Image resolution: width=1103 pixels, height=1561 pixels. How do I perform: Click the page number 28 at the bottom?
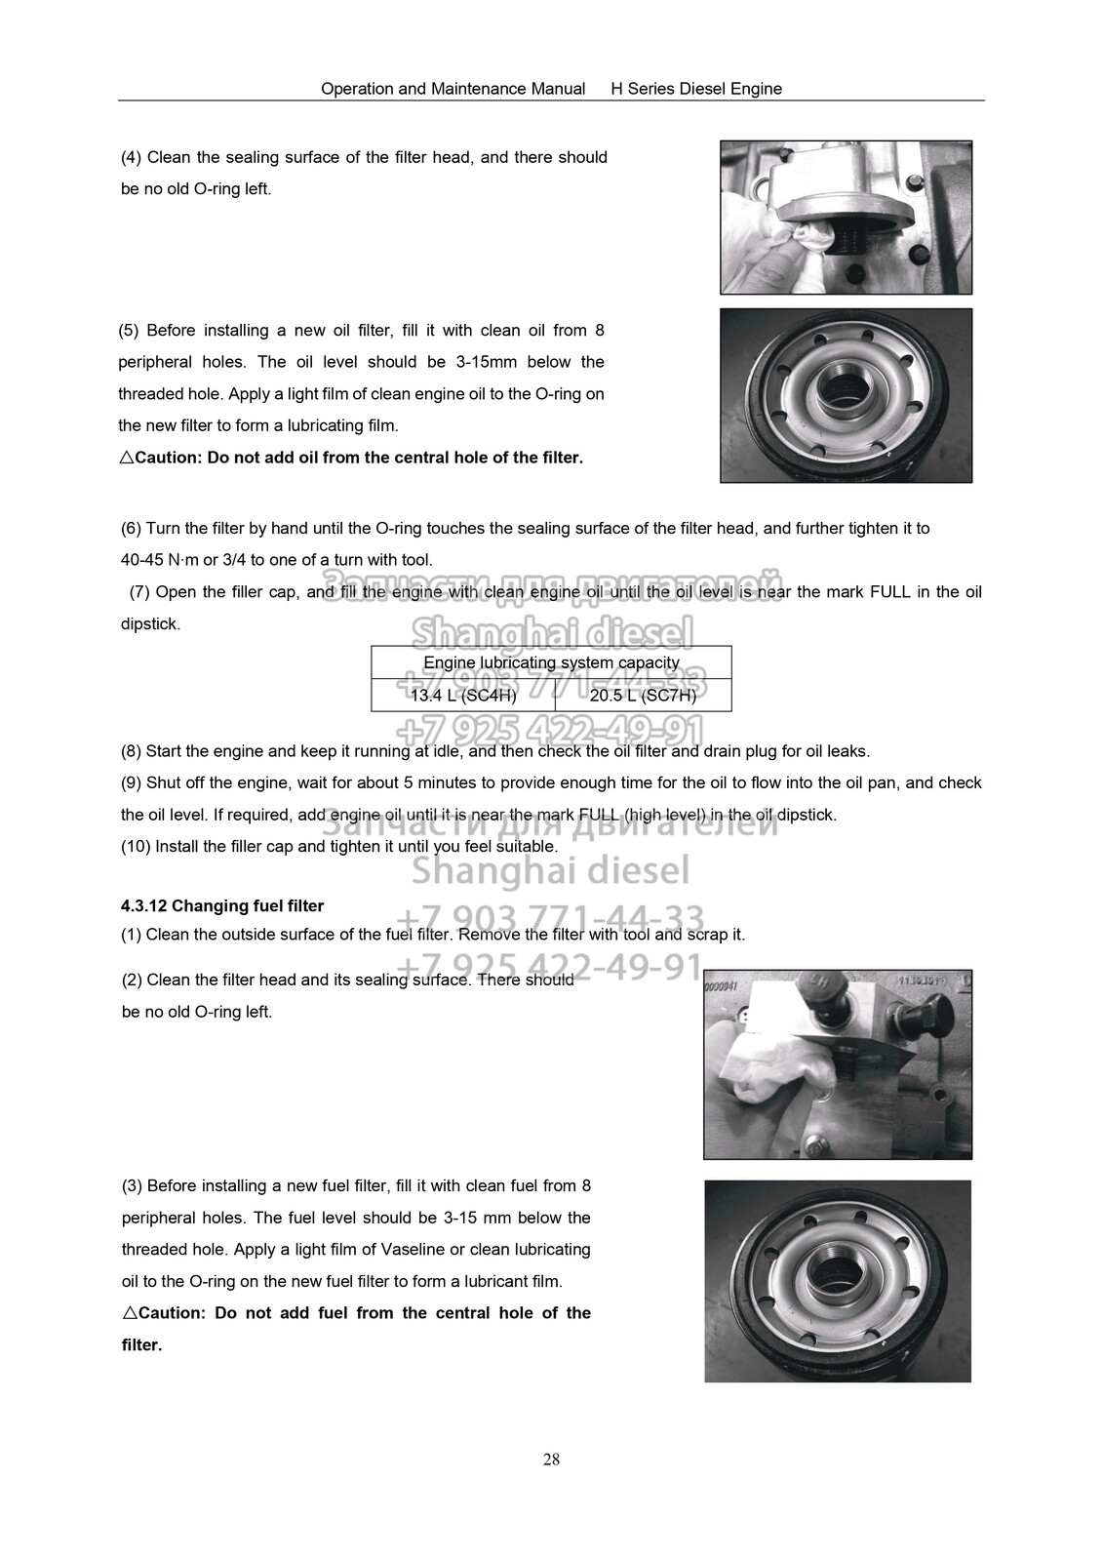tap(551, 1460)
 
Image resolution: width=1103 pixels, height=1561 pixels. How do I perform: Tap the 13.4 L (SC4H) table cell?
tap(463, 696)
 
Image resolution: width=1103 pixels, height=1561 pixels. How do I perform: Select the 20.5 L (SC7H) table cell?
tap(643, 696)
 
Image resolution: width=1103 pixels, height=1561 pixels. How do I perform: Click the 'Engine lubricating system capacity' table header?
tap(551, 662)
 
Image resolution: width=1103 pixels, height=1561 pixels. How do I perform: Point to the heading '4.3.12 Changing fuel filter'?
tap(222, 905)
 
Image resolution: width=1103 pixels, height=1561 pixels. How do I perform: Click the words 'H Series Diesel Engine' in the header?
tap(696, 89)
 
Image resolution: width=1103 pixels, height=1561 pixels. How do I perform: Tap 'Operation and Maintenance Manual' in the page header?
tap(453, 89)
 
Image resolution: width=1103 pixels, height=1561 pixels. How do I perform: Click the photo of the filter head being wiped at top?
tap(846, 217)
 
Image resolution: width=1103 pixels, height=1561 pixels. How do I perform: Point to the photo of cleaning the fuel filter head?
tap(838, 1063)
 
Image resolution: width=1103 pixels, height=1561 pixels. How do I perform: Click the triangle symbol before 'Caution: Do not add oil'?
tap(126, 458)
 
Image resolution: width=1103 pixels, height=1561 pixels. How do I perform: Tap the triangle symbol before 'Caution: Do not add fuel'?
tap(130, 1313)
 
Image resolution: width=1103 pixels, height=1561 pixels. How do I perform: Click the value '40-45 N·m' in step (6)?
tap(158, 560)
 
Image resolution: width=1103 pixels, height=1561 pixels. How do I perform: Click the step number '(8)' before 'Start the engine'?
tap(131, 751)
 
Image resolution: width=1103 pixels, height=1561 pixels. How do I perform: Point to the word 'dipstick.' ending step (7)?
tap(150, 624)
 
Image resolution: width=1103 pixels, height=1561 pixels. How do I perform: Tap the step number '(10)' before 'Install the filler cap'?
tap(135, 846)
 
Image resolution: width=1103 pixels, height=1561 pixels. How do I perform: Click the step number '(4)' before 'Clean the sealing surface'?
tap(131, 157)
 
